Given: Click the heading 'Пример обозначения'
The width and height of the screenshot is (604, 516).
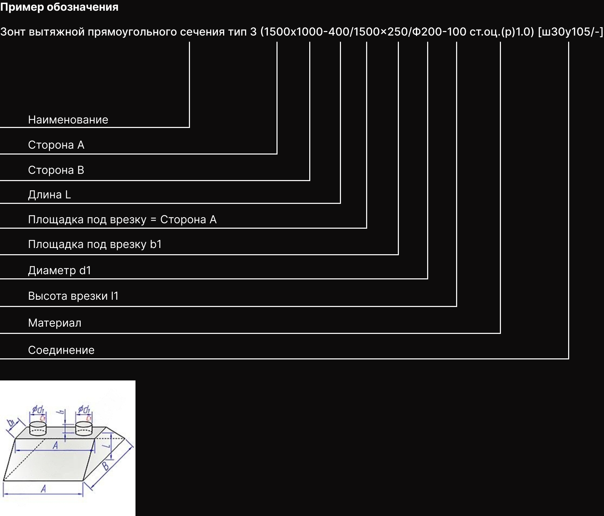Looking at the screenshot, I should coord(59,7).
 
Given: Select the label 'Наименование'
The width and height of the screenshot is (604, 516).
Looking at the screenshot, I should coord(68,120).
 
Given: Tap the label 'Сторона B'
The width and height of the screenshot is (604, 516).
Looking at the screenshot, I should coord(56,170).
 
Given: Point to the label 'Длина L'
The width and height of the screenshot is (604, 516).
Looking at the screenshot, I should coord(49,195).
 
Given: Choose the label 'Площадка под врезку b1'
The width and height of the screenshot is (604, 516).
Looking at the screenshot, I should coord(95,244).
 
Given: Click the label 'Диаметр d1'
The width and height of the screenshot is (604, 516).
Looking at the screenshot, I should coord(59,270).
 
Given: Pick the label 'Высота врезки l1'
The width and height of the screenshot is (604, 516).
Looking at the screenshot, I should coord(73,296).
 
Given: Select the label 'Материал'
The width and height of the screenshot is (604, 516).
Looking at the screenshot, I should coord(54,323).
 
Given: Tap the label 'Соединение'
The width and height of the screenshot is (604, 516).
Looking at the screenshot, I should coord(61,350).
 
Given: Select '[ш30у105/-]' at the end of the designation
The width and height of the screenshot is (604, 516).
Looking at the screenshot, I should coord(570,32).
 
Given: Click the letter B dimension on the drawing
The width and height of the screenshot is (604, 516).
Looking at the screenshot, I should coord(105,466).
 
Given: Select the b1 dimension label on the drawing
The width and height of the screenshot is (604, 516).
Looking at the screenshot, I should coord(11,423).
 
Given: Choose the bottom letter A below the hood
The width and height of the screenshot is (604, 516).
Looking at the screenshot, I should coord(43,488).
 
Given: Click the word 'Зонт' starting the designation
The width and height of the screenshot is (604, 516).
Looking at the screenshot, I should coord(13,32).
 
